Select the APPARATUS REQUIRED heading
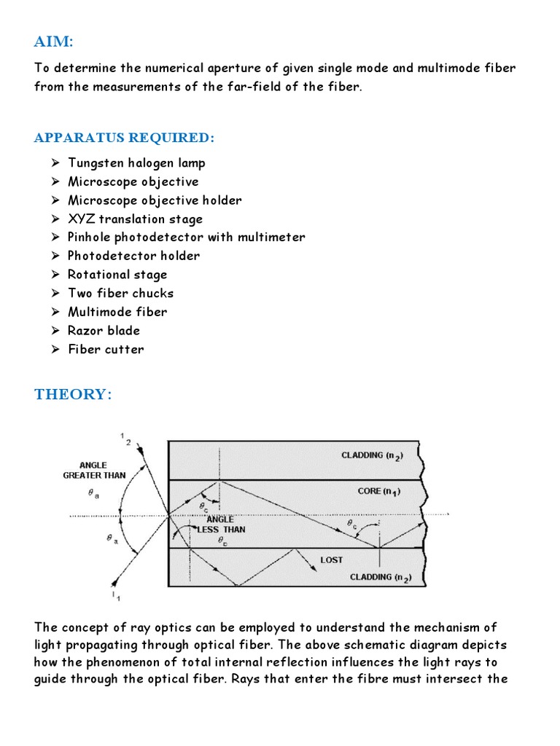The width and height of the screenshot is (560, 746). (x=125, y=138)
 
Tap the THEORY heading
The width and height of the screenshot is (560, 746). (x=73, y=394)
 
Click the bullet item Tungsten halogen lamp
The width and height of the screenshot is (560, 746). (x=136, y=163)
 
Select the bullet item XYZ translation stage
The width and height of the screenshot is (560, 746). (x=135, y=219)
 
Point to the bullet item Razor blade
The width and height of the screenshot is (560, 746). (x=104, y=330)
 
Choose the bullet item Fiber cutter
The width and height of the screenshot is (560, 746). (x=106, y=349)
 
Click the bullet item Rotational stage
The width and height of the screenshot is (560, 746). (x=117, y=275)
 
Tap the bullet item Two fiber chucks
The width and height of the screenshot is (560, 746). (x=120, y=293)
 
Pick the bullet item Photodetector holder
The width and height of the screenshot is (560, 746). (x=133, y=256)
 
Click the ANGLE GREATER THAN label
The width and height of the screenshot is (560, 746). (x=94, y=470)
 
